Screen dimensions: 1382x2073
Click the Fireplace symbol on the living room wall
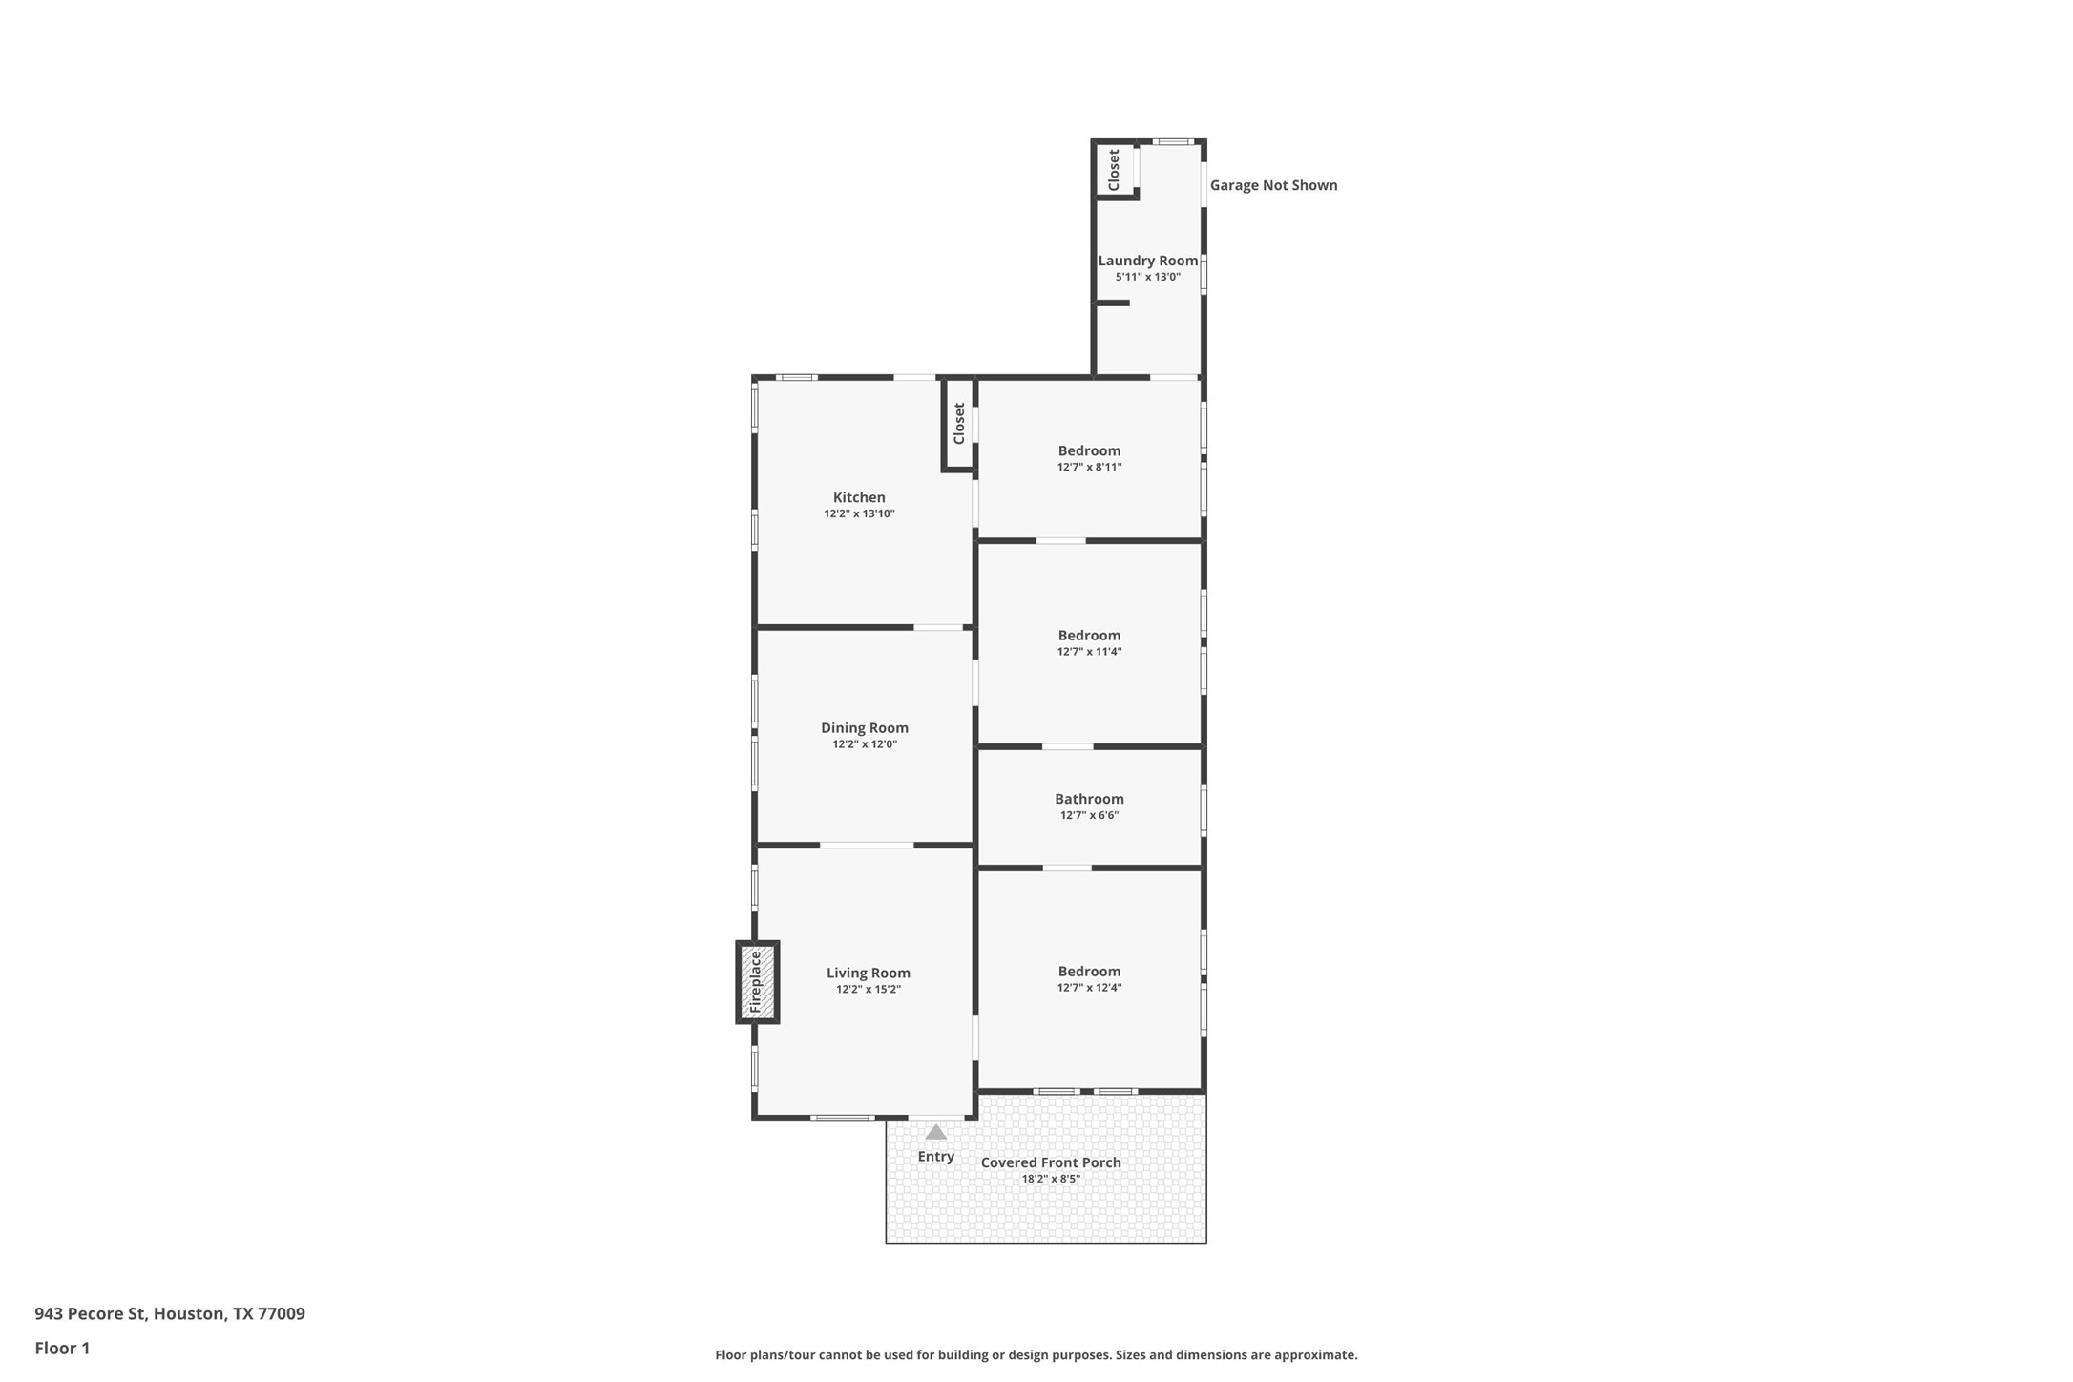click(x=757, y=982)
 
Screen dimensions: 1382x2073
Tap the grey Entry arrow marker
click(x=936, y=1132)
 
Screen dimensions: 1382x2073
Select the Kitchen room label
click(x=859, y=497)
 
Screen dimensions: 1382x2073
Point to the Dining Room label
click(x=865, y=728)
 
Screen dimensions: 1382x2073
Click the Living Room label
click(x=869, y=974)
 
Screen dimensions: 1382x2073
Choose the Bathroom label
click(x=1089, y=799)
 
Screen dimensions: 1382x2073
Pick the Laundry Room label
click(x=1147, y=261)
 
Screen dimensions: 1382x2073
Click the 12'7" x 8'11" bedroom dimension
click(x=1089, y=468)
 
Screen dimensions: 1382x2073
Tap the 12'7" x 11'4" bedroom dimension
click(x=1089, y=652)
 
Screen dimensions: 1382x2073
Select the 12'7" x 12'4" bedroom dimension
click(x=1089, y=988)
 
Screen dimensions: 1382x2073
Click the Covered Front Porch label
click(x=1051, y=1162)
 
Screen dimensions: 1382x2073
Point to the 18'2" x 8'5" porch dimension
click(x=1051, y=1180)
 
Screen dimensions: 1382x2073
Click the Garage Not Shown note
click(x=1273, y=185)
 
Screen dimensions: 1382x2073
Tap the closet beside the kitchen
click(x=959, y=423)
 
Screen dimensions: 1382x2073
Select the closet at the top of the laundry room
click(x=1114, y=169)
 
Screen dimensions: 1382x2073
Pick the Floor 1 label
click(x=62, y=1349)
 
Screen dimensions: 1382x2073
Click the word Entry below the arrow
click(x=936, y=1157)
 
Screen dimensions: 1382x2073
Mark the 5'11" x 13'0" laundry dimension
click(x=1148, y=278)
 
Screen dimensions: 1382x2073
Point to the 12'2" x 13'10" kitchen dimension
click(x=859, y=514)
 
